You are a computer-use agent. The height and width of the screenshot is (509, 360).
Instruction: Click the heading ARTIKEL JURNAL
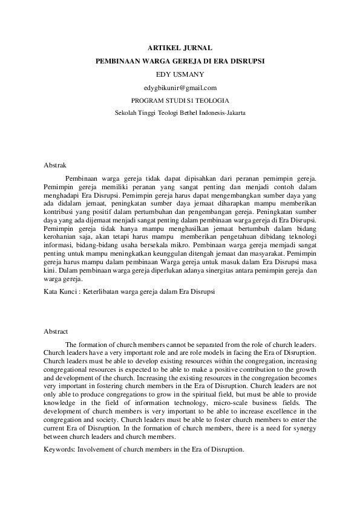180,47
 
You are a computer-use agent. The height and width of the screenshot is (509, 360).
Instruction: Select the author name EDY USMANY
180,74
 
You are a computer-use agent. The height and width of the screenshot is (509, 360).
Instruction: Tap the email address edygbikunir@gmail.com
180,88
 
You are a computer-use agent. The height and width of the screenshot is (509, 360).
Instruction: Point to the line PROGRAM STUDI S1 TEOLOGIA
180,100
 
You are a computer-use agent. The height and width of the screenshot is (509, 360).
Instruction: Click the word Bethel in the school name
186,113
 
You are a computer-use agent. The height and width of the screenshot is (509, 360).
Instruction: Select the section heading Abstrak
56,164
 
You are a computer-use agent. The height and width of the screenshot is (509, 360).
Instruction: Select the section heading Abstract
56,331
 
